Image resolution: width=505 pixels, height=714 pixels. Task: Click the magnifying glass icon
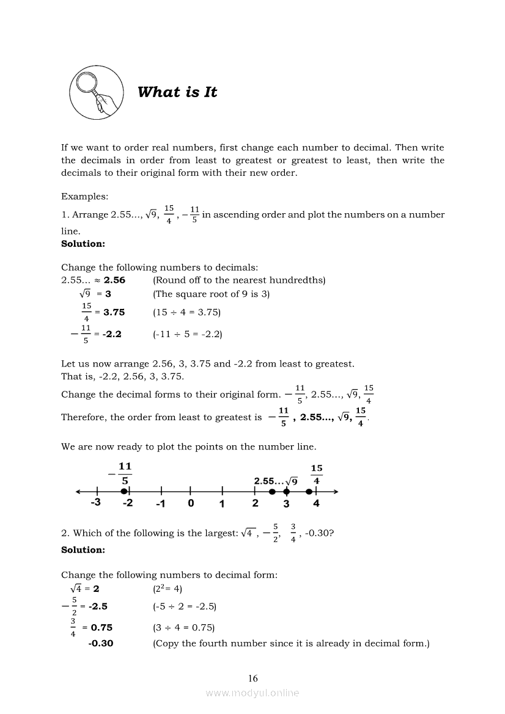(x=95, y=93)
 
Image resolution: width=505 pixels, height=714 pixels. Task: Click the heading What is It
(x=177, y=92)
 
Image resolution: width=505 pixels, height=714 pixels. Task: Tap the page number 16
(x=253, y=678)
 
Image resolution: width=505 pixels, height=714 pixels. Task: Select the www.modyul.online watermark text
(x=253, y=693)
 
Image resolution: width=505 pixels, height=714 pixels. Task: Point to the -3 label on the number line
(x=95, y=504)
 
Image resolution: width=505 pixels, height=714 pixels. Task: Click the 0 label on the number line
(x=191, y=504)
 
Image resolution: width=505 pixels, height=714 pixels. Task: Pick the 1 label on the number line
(x=222, y=504)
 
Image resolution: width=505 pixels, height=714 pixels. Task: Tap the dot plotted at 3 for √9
(x=286, y=491)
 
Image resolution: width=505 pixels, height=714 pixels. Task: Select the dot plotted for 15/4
(x=309, y=491)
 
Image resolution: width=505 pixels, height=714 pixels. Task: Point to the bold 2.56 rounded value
(x=114, y=280)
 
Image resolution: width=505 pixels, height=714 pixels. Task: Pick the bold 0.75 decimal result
(x=101, y=627)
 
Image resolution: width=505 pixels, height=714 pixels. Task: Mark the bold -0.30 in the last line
(x=101, y=643)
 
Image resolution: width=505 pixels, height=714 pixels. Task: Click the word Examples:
(x=84, y=196)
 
